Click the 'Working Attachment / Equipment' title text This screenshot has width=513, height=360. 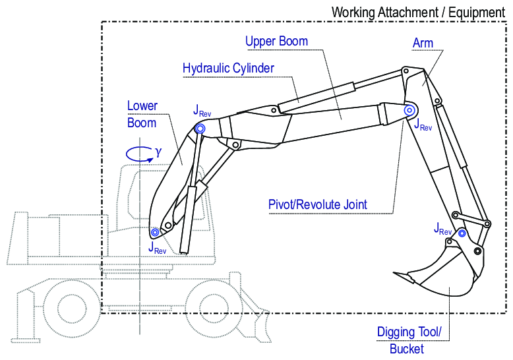[x=417, y=11]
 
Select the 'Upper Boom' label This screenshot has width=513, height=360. [x=276, y=42]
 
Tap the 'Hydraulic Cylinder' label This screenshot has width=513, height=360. [x=228, y=68]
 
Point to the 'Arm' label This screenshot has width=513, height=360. [x=423, y=44]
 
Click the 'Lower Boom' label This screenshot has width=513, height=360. [x=142, y=114]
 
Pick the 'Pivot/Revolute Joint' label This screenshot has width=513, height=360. [x=318, y=204]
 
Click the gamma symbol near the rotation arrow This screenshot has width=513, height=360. [x=158, y=151]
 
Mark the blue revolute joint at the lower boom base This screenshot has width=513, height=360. [x=156, y=232]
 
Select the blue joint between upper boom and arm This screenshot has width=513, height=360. [x=409, y=111]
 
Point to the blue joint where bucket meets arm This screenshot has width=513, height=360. [x=463, y=233]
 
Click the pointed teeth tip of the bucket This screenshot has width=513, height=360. [x=394, y=273]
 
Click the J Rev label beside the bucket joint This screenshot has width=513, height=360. [x=443, y=229]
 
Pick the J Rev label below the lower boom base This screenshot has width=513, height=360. [x=158, y=247]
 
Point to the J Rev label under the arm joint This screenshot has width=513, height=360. [x=422, y=125]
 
